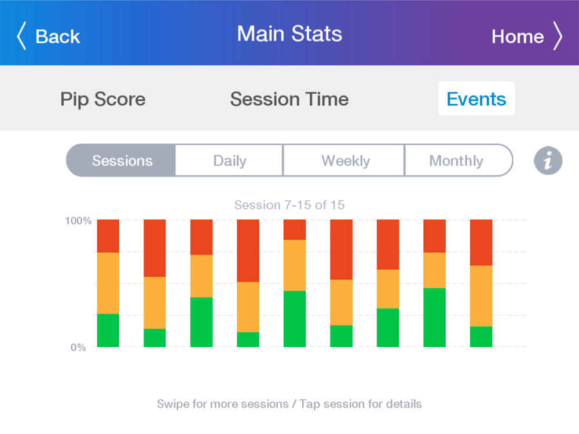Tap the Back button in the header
coord(49,36)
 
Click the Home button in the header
coord(527,36)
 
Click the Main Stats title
coord(289,34)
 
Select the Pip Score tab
coord(103,99)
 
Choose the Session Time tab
coord(289,99)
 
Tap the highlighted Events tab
coord(477,98)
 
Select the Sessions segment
coord(121,160)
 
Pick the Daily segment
coord(229,160)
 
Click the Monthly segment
coord(458,160)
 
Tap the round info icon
coord(548,161)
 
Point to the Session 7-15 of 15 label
coord(289,205)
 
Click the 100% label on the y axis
coord(78,220)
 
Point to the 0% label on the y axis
coord(78,347)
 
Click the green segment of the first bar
coord(108,330)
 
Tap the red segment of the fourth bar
coord(248,251)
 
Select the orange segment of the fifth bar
coord(295,266)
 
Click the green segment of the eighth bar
coord(435,317)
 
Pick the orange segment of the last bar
coord(481,296)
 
